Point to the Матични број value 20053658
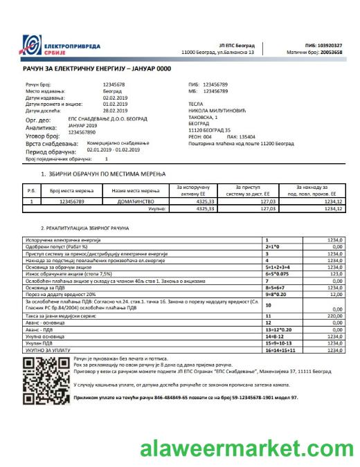pos(328,52)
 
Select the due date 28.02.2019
pos(117,111)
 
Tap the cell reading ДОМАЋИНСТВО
pos(126,201)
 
